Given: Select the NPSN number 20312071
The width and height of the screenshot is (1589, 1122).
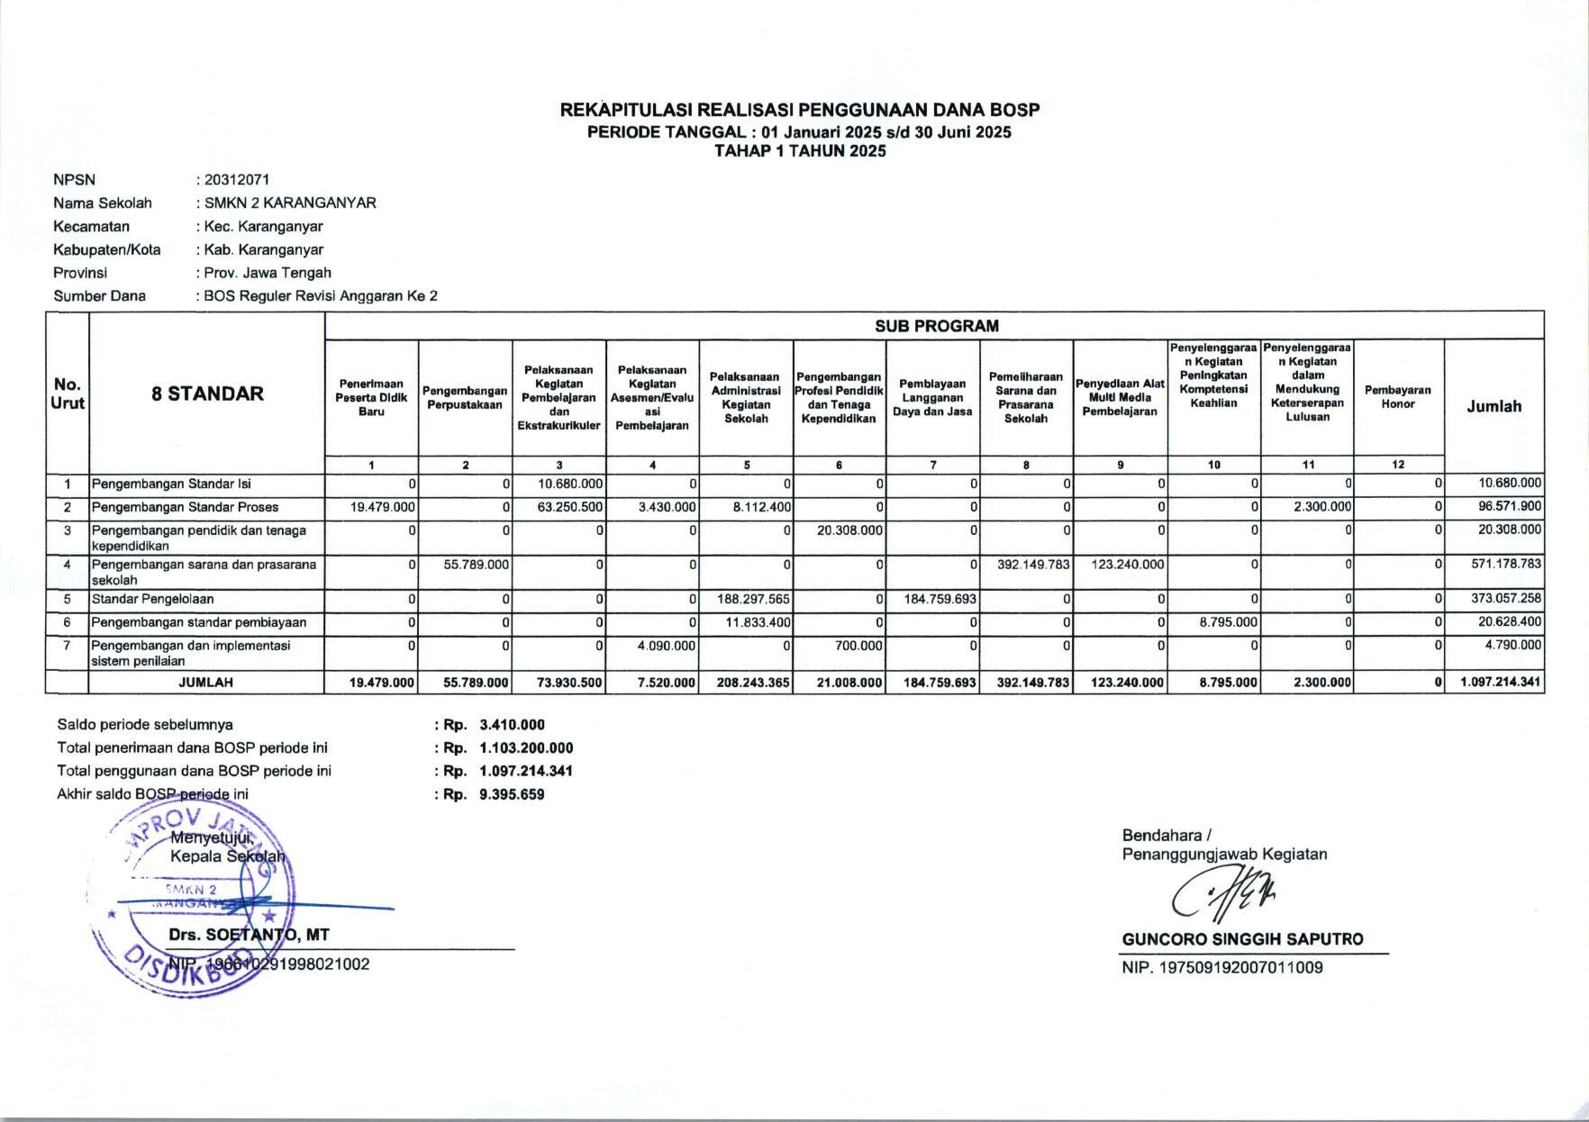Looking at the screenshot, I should [x=237, y=180].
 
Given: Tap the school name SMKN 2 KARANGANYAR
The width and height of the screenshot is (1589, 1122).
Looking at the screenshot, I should [x=290, y=204].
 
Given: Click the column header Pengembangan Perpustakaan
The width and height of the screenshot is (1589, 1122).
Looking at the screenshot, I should [x=465, y=398].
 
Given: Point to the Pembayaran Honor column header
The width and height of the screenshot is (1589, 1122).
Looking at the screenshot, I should [x=1397, y=397].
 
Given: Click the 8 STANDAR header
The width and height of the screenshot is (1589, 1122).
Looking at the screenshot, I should [x=207, y=394].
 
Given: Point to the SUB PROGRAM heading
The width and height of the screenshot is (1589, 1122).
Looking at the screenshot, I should [x=936, y=326].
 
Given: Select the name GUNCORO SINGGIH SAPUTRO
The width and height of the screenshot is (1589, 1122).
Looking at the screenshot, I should [x=1242, y=939].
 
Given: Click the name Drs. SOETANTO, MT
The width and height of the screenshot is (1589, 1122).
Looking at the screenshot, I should [x=249, y=936].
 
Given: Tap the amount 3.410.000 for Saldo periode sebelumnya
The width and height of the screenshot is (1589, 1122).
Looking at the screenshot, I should [x=513, y=725].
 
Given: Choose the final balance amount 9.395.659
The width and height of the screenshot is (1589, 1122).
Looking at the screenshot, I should [x=513, y=794].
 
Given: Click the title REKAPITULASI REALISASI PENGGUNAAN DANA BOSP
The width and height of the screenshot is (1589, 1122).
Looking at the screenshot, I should [x=800, y=111].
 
